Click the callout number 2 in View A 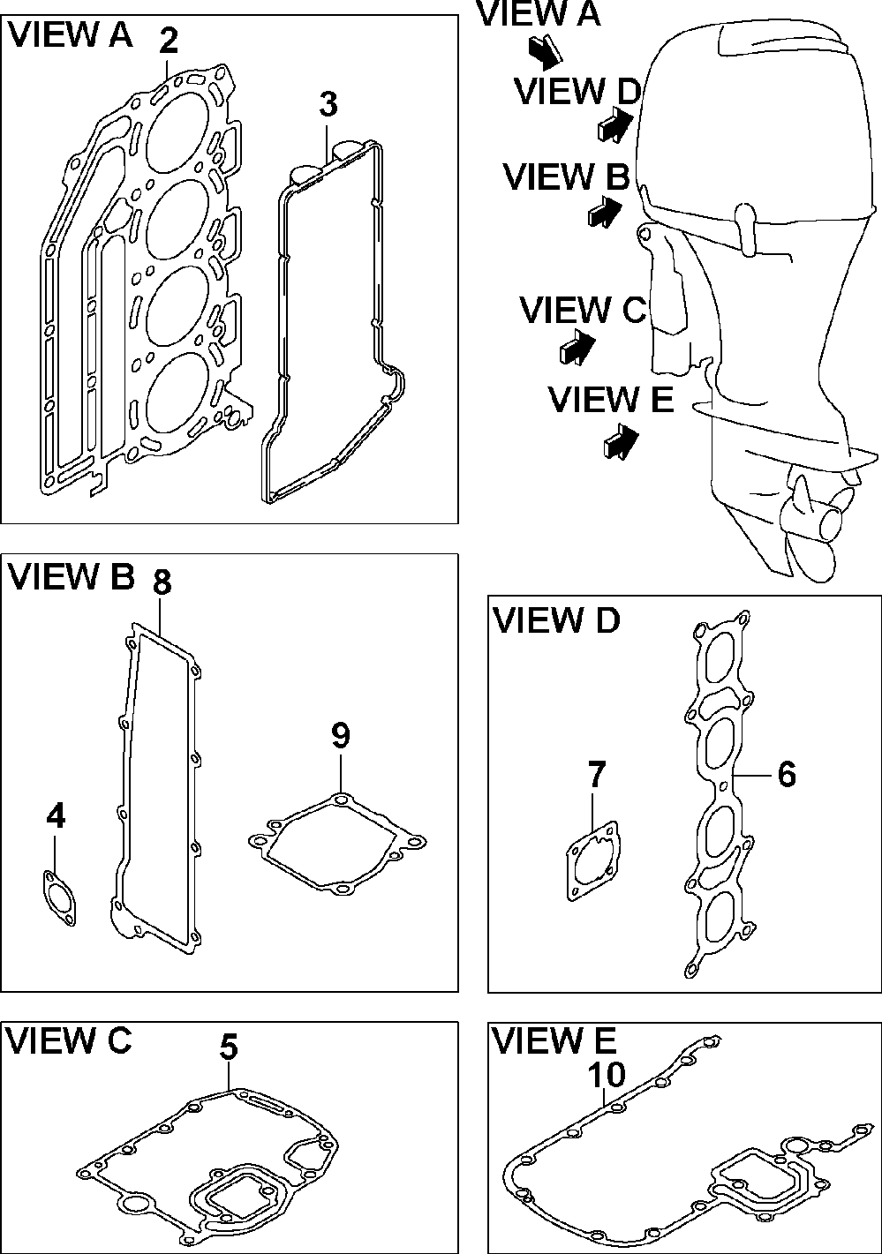[168, 41]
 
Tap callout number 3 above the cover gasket [328, 104]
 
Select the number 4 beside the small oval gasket [56, 817]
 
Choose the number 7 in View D [597, 775]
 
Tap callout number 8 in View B [161, 582]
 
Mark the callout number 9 [341, 735]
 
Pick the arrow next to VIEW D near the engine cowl [615, 124]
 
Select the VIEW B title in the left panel [72, 577]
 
